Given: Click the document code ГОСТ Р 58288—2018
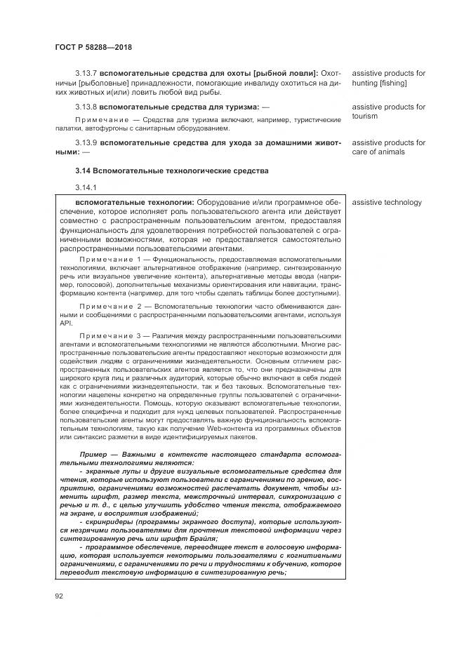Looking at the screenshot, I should pyautogui.click(x=93, y=47).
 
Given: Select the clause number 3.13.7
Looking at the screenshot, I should pyautogui.click(x=86, y=73).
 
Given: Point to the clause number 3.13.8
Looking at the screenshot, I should pyautogui.click(x=86, y=107).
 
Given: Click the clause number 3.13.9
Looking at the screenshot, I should pyautogui.click(x=86, y=142).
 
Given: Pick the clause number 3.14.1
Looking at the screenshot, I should pyautogui.click(x=85, y=187).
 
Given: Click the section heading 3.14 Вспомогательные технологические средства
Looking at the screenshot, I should pyautogui.click(x=162, y=171).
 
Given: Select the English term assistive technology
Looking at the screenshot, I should pyautogui.click(x=387, y=203).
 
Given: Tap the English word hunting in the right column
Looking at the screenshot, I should pyautogui.click(x=366, y=83).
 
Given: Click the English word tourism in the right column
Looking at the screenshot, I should pyautogui.click(x=365, y=116).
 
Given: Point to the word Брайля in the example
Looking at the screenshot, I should pyautogui.click(x=200, y=538).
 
